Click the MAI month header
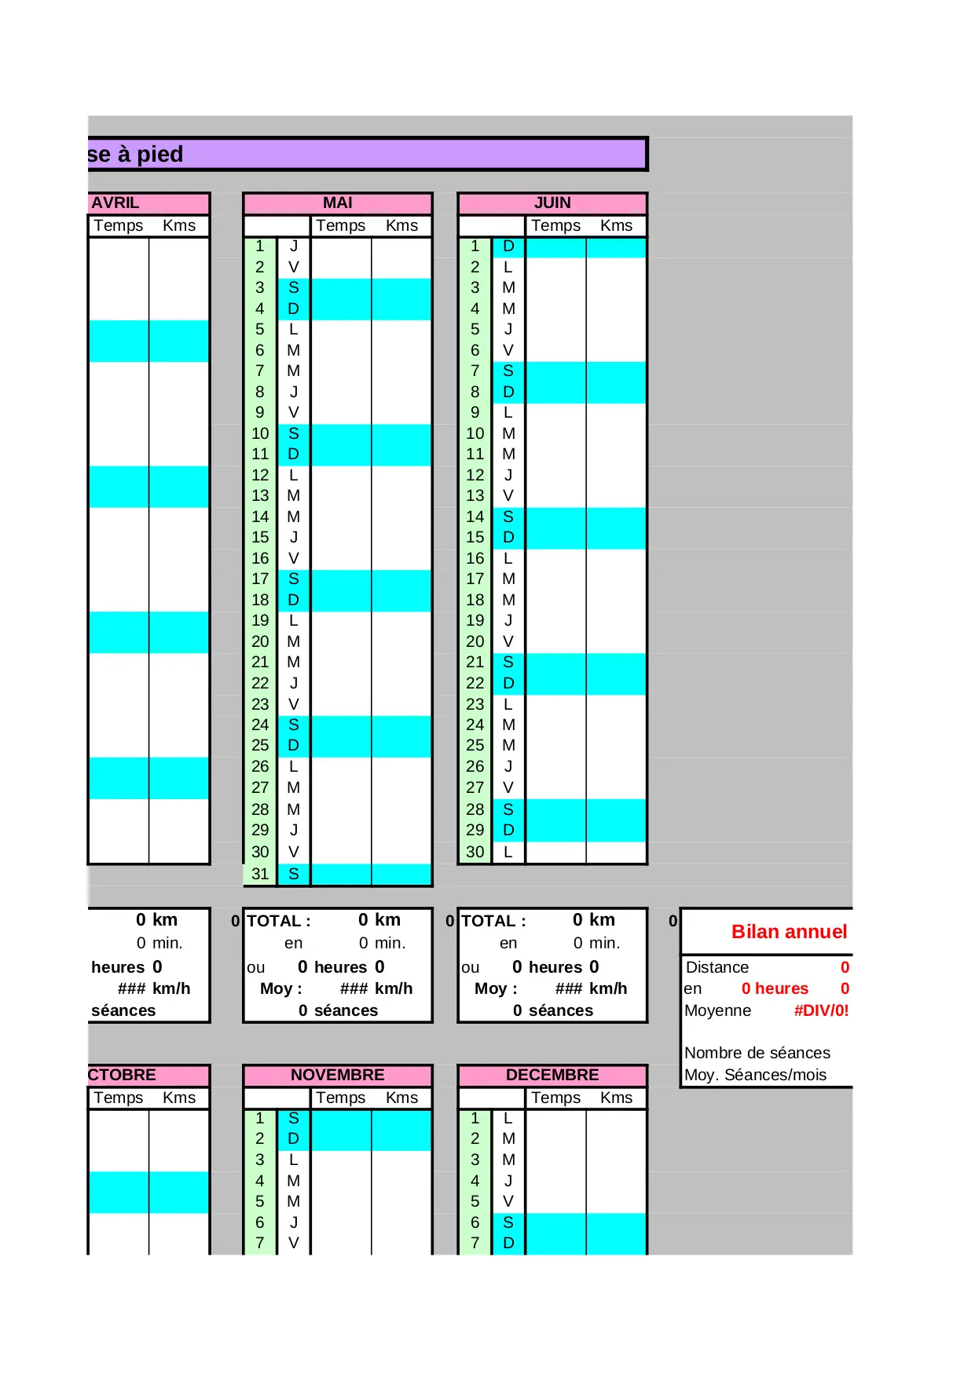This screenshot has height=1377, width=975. pos(337,203)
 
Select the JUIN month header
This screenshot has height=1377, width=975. pos(552,203)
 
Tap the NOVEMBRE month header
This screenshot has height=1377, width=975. pos(337,1075)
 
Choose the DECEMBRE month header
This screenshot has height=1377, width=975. pos(552,1075)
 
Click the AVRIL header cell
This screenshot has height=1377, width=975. pos(115,203)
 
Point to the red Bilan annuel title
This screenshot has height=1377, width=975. pos(789,932)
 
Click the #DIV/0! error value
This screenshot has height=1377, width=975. pos(821,1010)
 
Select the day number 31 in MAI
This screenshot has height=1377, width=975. pos(260,874)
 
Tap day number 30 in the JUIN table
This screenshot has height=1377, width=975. pos(475,852)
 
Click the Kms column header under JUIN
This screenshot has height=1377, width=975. pos(616,225)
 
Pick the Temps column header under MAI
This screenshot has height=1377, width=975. pos(340,225)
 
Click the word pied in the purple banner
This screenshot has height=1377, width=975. pos(160,154)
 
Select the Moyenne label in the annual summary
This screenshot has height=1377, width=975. pos(717,1010)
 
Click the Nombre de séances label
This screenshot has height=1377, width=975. pos(757,1053)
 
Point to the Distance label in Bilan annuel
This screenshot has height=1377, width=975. pos(717,967)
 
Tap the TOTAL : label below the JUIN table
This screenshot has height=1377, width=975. pos(493,921)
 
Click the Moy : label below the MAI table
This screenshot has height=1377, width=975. pos(280,988)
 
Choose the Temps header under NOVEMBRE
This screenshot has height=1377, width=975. pos(340,1098)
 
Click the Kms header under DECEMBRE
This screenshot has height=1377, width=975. pos(616,1098)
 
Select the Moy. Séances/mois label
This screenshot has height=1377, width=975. pos(755,1075)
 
